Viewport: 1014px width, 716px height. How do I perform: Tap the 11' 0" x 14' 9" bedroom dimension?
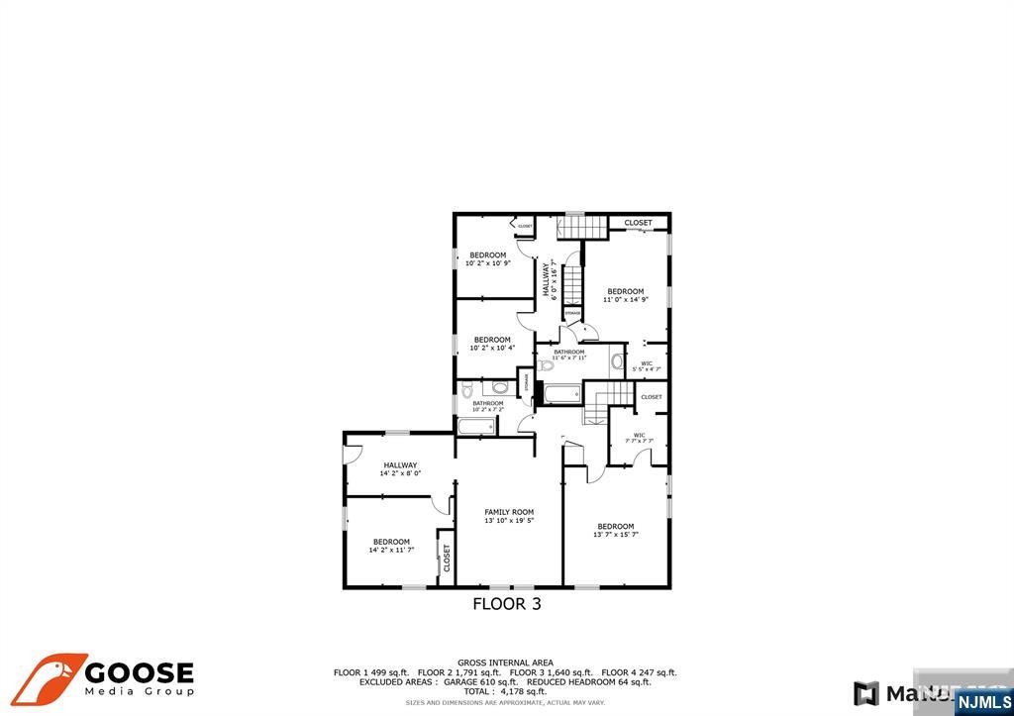(626, 299)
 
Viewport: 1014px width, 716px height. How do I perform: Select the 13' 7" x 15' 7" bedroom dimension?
(616, 535)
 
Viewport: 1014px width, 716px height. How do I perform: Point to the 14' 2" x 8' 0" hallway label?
(400, 473)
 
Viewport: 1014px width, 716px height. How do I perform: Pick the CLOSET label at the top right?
(639, 223)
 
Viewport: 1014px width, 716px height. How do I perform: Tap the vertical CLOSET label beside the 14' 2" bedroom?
(447, 558)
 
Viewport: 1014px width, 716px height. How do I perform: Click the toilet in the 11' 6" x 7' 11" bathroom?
(547, 365)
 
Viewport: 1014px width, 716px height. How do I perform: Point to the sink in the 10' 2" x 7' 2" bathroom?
(500, 387)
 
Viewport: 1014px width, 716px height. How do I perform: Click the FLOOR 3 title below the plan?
(507, 603)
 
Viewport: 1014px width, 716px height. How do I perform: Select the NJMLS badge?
(983, 702)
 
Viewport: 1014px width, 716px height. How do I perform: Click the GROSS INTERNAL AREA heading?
(505, 663)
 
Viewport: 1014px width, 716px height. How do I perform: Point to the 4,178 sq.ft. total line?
(505, 691)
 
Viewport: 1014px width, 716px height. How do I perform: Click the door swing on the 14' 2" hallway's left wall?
(353, 454)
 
